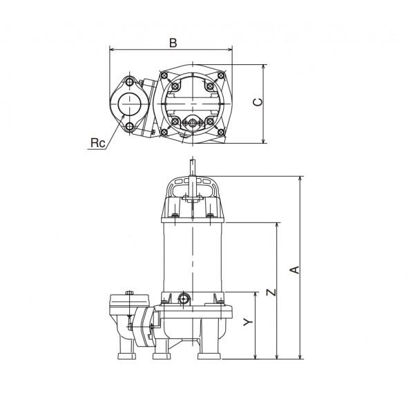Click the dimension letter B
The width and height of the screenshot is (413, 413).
(173, 43)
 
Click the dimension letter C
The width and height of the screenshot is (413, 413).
(258, 102)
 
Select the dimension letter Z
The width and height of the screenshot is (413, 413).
(271, 292)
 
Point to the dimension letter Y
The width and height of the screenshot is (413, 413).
(248, 321)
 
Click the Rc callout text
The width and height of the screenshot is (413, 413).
(97, 143)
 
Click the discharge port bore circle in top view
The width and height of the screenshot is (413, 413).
(130, 104)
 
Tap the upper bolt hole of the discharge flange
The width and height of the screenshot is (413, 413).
(130, 82)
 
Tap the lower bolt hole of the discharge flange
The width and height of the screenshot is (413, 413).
(130, 126)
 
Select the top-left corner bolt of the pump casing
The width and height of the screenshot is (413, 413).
(164, 75)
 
